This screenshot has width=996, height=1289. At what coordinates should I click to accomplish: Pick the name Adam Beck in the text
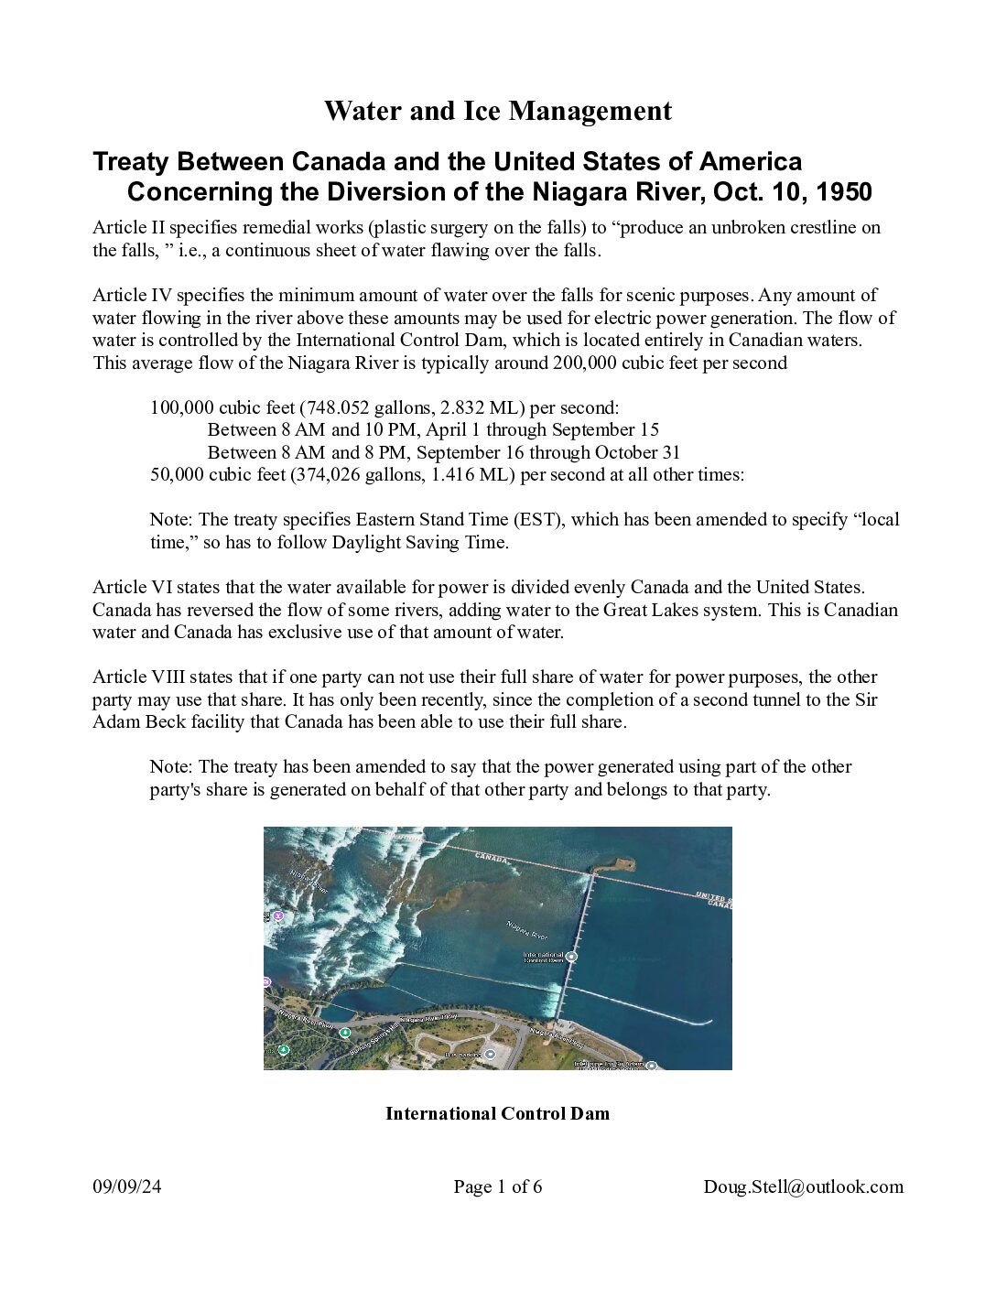click(130, 721)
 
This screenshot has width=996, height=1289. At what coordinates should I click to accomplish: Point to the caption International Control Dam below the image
click(497, 1113)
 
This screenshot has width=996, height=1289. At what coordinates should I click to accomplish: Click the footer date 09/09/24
click(127, 1186)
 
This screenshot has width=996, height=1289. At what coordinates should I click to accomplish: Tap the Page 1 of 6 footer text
click(497, 1186)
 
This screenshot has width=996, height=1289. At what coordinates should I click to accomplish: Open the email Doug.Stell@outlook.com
click(803, 1186)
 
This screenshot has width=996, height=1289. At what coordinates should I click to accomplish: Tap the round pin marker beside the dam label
click(571, 957)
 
